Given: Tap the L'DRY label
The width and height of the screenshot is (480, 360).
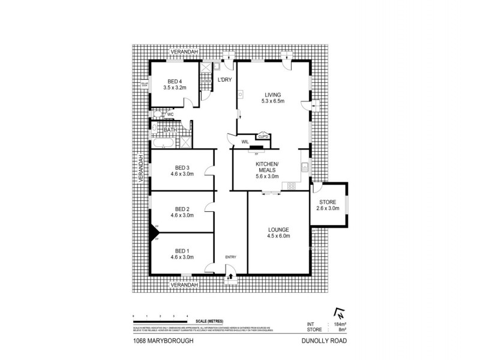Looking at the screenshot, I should tap(224, 80).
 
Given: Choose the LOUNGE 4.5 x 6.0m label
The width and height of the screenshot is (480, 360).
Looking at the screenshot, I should tap(278, 233).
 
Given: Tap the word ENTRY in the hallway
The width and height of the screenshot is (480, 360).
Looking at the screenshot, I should tap(231, 257).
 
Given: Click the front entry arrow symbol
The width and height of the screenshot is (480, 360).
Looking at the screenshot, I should tap(231, 278).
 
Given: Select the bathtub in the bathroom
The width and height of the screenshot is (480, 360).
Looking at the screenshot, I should tap(163, 144).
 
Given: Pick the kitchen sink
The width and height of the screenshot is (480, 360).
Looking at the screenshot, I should tap(305, 167).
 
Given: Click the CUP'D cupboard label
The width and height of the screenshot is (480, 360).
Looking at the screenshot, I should tap(263, 136).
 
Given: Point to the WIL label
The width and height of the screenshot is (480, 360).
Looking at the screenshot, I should tap(245, 142).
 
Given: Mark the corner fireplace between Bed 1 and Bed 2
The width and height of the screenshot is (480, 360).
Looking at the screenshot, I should tap(153, 231).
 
